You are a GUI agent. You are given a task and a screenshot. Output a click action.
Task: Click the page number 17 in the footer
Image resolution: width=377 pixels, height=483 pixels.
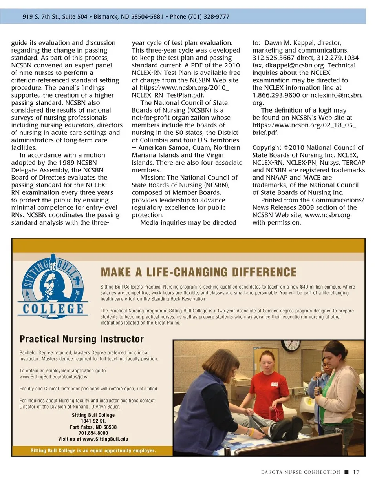click(356, 472)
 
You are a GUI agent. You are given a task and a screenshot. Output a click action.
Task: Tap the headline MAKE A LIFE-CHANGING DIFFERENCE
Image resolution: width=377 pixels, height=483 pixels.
click(198, 272)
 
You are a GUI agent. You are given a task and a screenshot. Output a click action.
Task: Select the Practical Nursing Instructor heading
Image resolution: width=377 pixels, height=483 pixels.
click(82, 339)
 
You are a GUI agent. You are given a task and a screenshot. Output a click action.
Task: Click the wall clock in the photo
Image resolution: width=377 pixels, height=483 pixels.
click(291, 345)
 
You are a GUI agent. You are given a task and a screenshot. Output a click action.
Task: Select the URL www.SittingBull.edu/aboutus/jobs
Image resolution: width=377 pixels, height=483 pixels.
click(54, 377)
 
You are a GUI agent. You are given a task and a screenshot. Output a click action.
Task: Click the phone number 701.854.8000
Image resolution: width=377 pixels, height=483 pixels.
click(93, 433)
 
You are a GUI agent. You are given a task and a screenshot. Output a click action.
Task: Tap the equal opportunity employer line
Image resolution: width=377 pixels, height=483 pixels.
click(93, 451)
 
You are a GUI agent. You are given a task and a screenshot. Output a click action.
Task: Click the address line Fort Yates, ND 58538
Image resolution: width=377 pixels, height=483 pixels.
click(93, 427)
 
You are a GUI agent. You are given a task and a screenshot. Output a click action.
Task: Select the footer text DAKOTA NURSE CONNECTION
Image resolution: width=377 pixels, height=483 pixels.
click(301, 472)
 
